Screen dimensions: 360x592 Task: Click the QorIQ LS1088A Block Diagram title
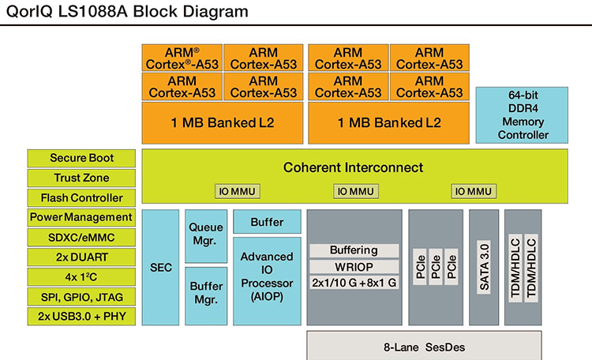click(x=126, y=12)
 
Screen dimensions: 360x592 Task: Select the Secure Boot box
click(x=81, y=158)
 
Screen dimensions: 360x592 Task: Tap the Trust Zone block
click(x=81, y=178)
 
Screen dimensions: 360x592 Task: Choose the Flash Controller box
click(x=81, y=197)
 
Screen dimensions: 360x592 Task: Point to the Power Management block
click(x=81, y=217)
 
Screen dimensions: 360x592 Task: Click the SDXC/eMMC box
click(x=81, y=237)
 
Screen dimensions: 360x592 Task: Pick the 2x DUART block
click(x=81, y=257)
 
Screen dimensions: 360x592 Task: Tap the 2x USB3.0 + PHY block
click(x=81, y=317)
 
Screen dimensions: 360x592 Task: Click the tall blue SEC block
click(x=161, y=267)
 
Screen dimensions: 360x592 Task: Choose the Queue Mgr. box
click(x=205, y=235)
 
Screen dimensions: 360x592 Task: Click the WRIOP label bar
click(x=353, y=267)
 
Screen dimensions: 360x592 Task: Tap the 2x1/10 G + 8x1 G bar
click(x=353, y=283)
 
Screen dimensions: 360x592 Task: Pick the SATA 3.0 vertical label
click(x=484, y=267)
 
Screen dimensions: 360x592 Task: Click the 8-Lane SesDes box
click(x=423, y=345)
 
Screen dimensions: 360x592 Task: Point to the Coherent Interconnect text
click(x=354, y=167)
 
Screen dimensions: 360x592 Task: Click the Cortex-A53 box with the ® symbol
click(x=182, y=58)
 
